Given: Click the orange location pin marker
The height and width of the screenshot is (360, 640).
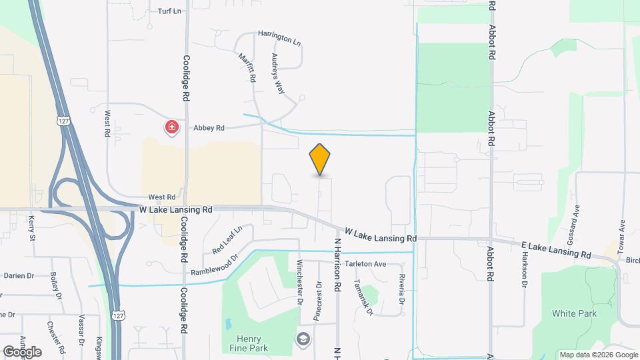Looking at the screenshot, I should click(x=320, y=159).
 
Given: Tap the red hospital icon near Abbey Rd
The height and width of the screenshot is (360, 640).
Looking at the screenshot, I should click(x=172, y=127).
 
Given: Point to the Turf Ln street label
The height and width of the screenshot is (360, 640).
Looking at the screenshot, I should click(x=169, y=11).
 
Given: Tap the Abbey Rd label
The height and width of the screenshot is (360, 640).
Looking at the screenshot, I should click(x=209, y=127).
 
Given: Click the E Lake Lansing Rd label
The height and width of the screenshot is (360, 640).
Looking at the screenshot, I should click(x=557, y=250).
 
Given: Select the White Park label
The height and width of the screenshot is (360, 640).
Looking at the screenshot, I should click(x=574, y=313).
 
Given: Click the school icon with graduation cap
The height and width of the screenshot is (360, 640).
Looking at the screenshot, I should click(x=303, y=339).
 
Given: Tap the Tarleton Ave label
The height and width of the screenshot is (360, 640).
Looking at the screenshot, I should click(x=366, y=264).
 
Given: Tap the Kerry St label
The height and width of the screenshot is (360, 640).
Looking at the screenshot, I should click(x=31, y=227).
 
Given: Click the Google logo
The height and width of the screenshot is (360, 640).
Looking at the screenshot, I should click(x=22, y=351).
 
